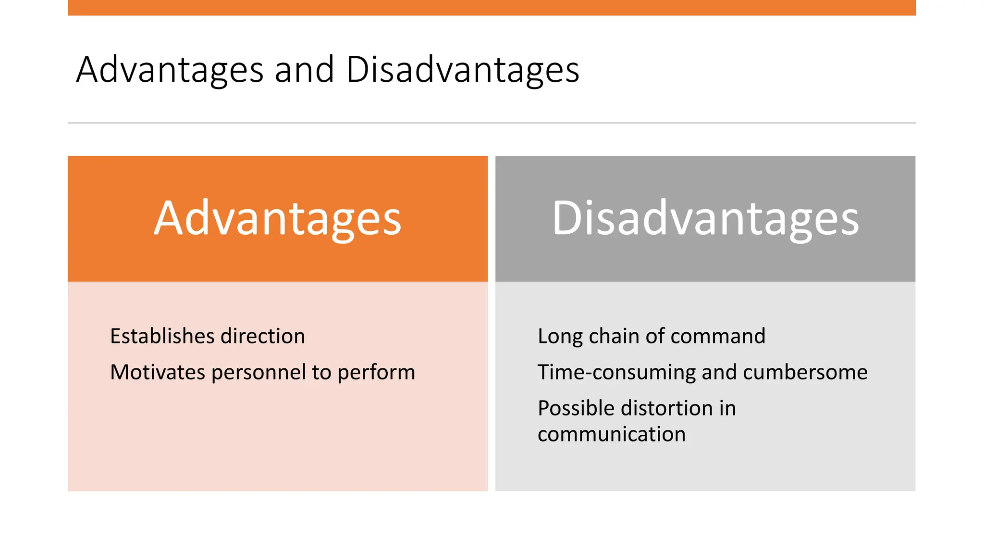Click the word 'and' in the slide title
click(304, 70)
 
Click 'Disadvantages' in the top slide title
click(462, 70)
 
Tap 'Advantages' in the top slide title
click(170, 70)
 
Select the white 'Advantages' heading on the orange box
click(277, 219)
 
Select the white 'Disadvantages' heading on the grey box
click(705, 219)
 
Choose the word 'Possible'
click(576, 408)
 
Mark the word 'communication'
click(611, 434)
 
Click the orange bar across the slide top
click(492, 7)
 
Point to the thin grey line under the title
click(492, 123)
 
